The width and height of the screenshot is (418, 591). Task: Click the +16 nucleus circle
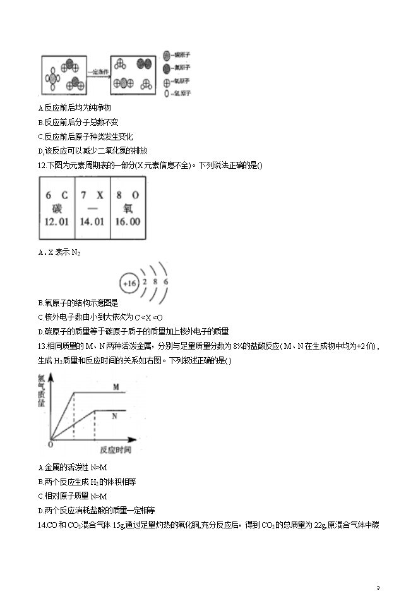[x=129, y=283]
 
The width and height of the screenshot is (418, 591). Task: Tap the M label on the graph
[x=116, y=386]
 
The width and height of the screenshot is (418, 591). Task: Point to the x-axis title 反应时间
[x=116, y=449]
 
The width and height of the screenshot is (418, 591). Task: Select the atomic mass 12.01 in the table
[x=57, y=222]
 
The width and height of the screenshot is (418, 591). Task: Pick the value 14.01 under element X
[x=92, y=222]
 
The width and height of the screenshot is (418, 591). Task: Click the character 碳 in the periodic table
[x=57, y=209]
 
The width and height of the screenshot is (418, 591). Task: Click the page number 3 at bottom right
[x=378, y=587]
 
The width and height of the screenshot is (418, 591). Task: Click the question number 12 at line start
[x=42, y=166]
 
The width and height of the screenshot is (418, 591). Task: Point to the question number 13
[x=42, y=346]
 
